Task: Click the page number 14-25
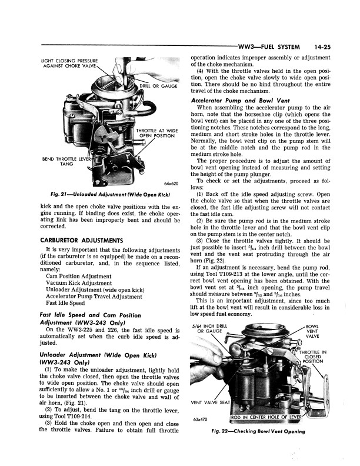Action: click(x=325, y=46)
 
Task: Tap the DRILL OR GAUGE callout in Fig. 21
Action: click(x=159, y=86)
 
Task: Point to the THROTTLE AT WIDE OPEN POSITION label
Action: click(x=156, y=132)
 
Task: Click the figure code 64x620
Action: click(x=171, y=184)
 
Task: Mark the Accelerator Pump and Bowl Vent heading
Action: click(x=235, y=101)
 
